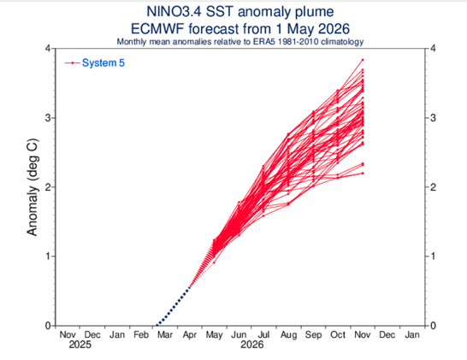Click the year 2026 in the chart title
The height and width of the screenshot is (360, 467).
coord(334,29)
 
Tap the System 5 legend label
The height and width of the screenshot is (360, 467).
coord(103,62)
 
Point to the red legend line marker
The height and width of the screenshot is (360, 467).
coord(73,62)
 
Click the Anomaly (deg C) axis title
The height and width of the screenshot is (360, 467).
coord(33,187)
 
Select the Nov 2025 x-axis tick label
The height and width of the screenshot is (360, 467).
coord(68,334)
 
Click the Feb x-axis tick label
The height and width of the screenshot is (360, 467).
coord(141,334)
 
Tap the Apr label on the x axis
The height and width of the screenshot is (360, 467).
coord(190,335)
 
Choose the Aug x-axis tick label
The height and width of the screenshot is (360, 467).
coord(288,335)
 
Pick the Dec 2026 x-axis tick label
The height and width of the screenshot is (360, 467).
coord(387,334)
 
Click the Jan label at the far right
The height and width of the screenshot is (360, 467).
coord(412,334)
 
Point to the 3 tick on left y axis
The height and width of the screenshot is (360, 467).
coord(48,118)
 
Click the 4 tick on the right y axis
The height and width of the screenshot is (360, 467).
coord(433,48)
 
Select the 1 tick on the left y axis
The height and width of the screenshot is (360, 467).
coord(48,256)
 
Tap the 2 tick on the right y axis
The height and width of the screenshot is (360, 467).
coord(433,187)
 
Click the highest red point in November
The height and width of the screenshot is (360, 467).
coord(363,60)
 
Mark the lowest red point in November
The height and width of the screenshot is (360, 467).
coord(363,174)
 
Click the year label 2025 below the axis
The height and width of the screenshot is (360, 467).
coord(80,345)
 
